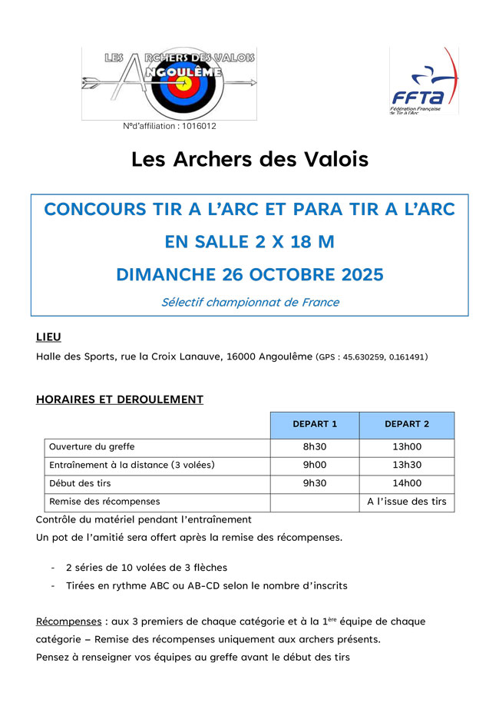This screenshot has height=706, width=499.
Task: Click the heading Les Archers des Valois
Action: (249, 160)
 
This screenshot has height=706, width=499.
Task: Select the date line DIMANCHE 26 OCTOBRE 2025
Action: (249, 273)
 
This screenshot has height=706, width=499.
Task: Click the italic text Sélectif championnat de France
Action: (249, 302)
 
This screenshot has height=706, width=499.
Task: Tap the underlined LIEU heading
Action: (48, 336)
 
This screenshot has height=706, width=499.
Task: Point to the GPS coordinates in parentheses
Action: (372, 357)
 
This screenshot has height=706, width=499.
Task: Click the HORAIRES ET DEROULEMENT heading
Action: (119, 399)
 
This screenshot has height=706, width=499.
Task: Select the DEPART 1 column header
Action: (315, 424)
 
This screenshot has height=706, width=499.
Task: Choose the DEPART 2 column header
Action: (407, 424)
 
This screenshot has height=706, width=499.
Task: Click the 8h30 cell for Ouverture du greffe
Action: (315, 446)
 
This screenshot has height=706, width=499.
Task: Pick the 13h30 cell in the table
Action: (407, 465)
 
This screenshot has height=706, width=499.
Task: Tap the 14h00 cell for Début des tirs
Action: (407, 483)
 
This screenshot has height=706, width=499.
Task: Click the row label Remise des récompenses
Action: (104, 502)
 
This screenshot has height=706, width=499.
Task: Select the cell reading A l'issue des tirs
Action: (407, 502)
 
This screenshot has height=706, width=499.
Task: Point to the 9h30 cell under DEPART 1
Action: (315, 483)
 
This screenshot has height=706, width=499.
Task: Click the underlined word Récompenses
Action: (68, 621)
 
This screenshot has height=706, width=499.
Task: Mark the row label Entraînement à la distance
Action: (131, 465)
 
